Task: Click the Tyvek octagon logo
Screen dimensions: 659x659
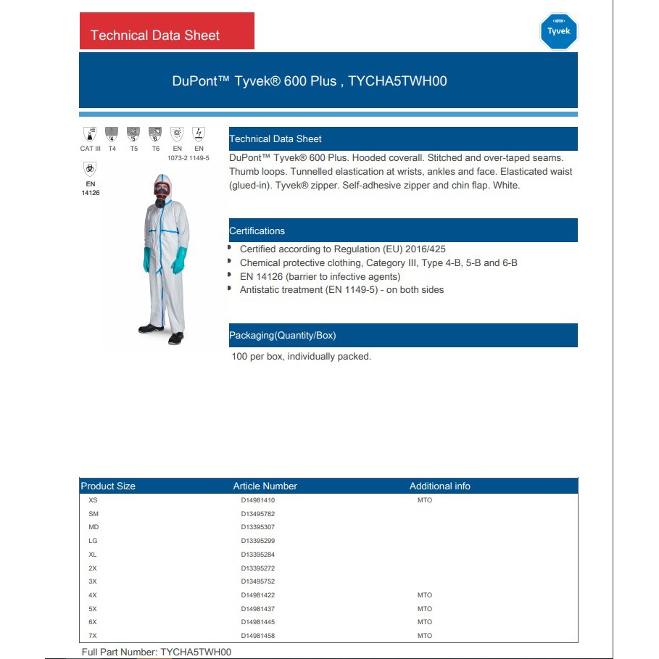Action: coord(558,31)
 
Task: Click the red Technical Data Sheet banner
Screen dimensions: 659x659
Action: coord(167,31)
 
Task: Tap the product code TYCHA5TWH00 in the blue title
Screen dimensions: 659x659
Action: coord(397,81)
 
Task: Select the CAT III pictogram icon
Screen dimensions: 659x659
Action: coord(90,134)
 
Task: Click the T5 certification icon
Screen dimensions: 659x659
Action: coord(133,134)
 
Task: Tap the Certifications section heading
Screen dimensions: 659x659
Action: coord(257,231)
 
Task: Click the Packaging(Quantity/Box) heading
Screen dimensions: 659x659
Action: coord(283,336)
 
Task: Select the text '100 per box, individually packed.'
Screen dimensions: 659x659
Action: coord(301,357)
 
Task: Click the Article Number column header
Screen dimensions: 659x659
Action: coord(265,486)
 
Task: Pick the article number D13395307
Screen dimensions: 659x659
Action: coord(258,527)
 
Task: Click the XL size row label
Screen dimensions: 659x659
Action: coord(92,555)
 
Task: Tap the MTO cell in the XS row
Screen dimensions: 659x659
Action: coord(424,500)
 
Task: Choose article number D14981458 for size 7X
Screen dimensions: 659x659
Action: coord(258,636)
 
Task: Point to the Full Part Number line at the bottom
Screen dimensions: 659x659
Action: coord(157,652)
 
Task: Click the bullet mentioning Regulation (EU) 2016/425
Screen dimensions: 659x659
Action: coord(343,249)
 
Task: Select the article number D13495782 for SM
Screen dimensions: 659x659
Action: coord(258,514)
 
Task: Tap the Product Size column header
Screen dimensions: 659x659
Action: coord(108,486)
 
